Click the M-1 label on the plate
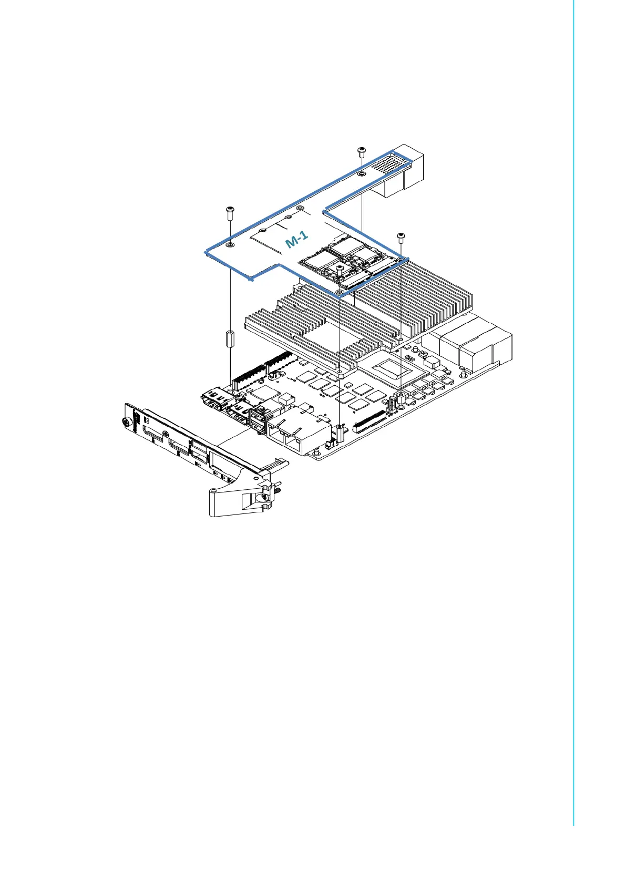click(x=296, y=241)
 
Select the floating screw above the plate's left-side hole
click(x=230, y=212)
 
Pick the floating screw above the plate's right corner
click(x=401, y=237)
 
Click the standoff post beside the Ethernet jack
click(x=341, y=432)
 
